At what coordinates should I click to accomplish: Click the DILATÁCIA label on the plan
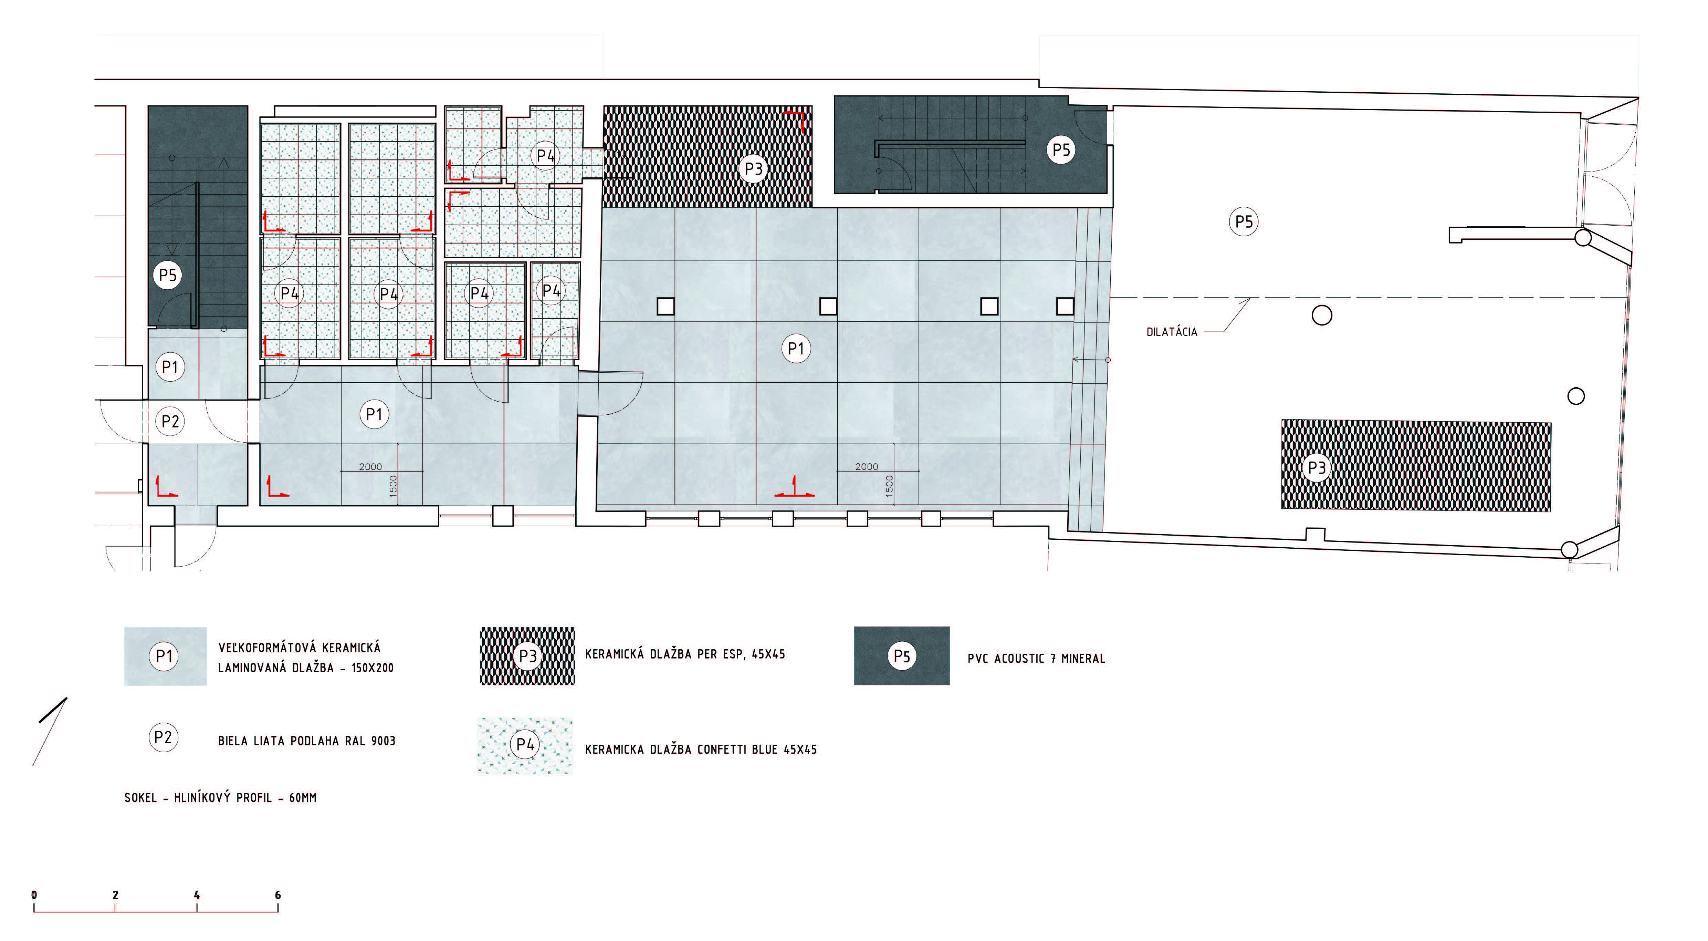(1172, 332)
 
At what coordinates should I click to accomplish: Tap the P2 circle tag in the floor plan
(170, 421)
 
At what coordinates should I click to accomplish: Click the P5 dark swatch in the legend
(902, 656)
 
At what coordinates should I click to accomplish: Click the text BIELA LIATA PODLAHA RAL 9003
(306, 741)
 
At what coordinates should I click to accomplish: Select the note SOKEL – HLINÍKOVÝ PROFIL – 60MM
(220, 798)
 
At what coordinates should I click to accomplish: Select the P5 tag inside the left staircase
(168, 275)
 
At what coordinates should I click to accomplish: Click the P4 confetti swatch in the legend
(525, 746)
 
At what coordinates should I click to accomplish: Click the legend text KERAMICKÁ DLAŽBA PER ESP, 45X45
(685, 654)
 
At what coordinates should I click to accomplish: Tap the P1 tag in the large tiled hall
(796, 348)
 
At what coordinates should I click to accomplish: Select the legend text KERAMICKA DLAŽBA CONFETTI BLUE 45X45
(701, 749)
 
